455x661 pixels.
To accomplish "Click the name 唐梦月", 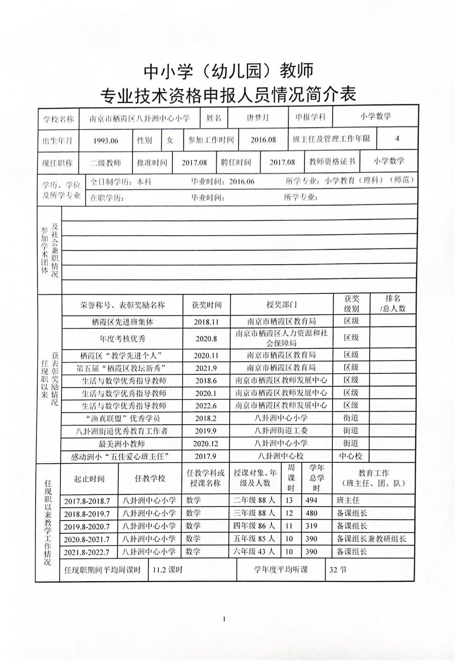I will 257,118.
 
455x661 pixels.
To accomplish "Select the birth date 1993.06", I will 106,141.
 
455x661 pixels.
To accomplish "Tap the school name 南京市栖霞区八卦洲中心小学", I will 140,119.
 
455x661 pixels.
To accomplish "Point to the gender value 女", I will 170,140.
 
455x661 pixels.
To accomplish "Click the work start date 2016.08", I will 263,140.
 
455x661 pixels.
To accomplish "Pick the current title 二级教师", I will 106,163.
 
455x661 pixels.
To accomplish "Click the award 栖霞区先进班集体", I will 122,322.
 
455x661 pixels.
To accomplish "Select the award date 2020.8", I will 206,339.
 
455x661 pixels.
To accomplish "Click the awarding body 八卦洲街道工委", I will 281,430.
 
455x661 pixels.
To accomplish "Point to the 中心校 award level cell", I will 350,456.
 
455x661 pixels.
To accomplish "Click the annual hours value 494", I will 311,500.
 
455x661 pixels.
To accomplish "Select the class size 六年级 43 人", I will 254,552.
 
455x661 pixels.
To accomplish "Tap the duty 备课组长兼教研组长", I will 372,539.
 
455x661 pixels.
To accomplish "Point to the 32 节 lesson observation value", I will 338,570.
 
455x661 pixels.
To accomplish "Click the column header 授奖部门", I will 281,305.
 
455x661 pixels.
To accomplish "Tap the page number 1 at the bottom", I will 224,618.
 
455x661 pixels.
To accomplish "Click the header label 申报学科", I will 310,117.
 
